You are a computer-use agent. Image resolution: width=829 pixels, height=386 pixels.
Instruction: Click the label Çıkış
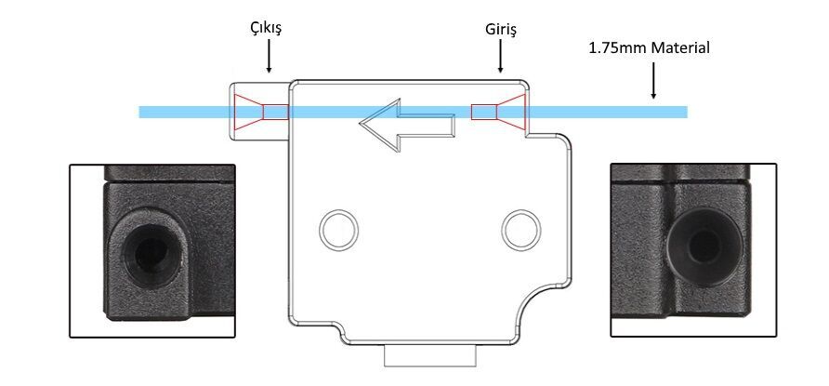click(266, 29)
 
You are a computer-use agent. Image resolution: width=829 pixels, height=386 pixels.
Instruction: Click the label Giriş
click(501, 30)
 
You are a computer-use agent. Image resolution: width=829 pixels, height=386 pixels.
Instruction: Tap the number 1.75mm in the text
click(617, 48)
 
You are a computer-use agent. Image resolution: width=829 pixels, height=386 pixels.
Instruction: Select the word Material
click(680, 48)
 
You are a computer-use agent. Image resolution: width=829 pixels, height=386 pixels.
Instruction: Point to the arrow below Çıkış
click(269, 56)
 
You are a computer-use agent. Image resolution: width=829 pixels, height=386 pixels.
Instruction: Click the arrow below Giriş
click(500, 56)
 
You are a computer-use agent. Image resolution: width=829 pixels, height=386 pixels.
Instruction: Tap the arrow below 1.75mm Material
click(653, 80)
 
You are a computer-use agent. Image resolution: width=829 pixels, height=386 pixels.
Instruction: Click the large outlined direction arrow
click(407, 126)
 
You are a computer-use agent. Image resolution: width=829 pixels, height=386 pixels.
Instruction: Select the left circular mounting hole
click(339, 230)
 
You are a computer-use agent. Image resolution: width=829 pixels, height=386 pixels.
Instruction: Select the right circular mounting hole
click(521, 230)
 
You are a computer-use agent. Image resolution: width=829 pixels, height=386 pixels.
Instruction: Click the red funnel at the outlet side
click(248, 113)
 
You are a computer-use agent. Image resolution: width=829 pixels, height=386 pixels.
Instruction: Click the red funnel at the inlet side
click(511, 113)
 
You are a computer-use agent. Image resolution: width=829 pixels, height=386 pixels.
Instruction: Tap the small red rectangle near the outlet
click(276, 113)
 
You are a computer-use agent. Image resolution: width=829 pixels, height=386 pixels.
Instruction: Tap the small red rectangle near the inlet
click(484, 113)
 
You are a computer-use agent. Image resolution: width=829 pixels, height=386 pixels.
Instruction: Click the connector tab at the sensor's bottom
click(429, 356)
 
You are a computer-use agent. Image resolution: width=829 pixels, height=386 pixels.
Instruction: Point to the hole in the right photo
click(704, 246)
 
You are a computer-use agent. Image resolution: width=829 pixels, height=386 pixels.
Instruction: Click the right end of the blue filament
click(687, 113)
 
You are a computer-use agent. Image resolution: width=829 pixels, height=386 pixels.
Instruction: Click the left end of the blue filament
click(139, 113)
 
